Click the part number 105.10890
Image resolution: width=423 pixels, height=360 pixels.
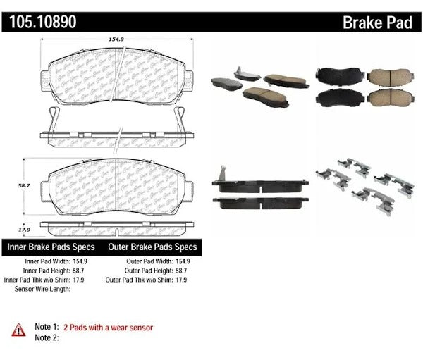(43, 22)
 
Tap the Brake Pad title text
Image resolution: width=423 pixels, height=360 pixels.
(377, 23)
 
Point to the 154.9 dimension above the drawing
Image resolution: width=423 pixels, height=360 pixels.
(116, 39)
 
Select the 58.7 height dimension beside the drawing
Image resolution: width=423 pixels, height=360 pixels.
(24, 185)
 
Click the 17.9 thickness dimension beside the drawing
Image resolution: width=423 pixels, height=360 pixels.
(24, 230)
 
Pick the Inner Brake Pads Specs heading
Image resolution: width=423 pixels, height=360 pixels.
(51, 247)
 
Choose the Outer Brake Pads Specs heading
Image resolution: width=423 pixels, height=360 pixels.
(152, 247)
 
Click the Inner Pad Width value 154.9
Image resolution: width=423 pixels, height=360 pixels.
(80, 261)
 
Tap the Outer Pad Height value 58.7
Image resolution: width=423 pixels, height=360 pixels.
(181, 271)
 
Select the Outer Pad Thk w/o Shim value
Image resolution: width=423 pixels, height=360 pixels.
(181, 280)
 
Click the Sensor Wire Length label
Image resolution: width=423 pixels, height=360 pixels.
(42, 289)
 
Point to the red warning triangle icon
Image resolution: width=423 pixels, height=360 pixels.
(18, 330)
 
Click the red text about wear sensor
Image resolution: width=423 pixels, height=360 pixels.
(108, 328)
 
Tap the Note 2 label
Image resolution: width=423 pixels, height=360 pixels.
(47, 337)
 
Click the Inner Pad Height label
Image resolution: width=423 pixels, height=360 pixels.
(47, 271)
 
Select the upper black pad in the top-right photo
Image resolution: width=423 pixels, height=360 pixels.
(340, 75)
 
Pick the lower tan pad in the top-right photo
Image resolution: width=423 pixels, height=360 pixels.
(390, 98)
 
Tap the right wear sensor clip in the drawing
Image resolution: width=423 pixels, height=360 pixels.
(179, 120)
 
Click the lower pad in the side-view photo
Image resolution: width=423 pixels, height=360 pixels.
(261, 204)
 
